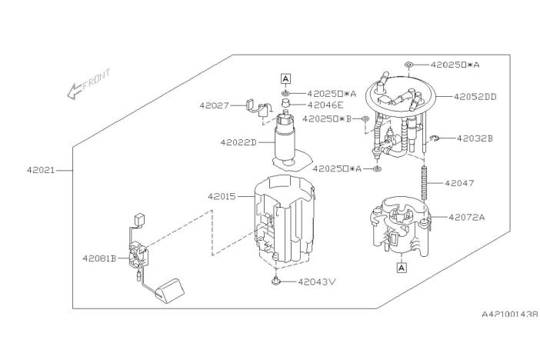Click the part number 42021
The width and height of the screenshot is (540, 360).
pos(41,170)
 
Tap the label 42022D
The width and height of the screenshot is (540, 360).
pos(238,142)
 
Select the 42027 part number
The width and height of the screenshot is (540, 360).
pos(214,105)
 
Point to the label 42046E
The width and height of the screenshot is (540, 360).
pos(325,105)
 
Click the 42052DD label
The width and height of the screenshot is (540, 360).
pos(475,97)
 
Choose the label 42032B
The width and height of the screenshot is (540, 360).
pos(475,138)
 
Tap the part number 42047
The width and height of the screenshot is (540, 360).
pos(459,183)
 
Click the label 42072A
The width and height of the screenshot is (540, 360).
pos(467,217)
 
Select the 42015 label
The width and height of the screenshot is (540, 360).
pos(222,196)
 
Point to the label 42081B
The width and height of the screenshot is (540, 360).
pos(99,258)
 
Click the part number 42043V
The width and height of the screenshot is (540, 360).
pos(316,282)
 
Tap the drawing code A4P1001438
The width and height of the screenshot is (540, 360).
pos(510,314)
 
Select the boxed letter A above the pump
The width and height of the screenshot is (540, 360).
pos(285,79)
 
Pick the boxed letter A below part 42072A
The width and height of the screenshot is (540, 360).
pos(402,268)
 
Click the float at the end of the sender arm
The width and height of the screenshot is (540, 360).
pos(170,291)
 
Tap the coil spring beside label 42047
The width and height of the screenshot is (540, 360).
pos(424,182)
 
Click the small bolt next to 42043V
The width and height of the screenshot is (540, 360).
pos(275,281)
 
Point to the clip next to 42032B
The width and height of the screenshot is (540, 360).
pos(435,138)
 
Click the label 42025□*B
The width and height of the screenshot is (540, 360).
pos(327,119)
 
